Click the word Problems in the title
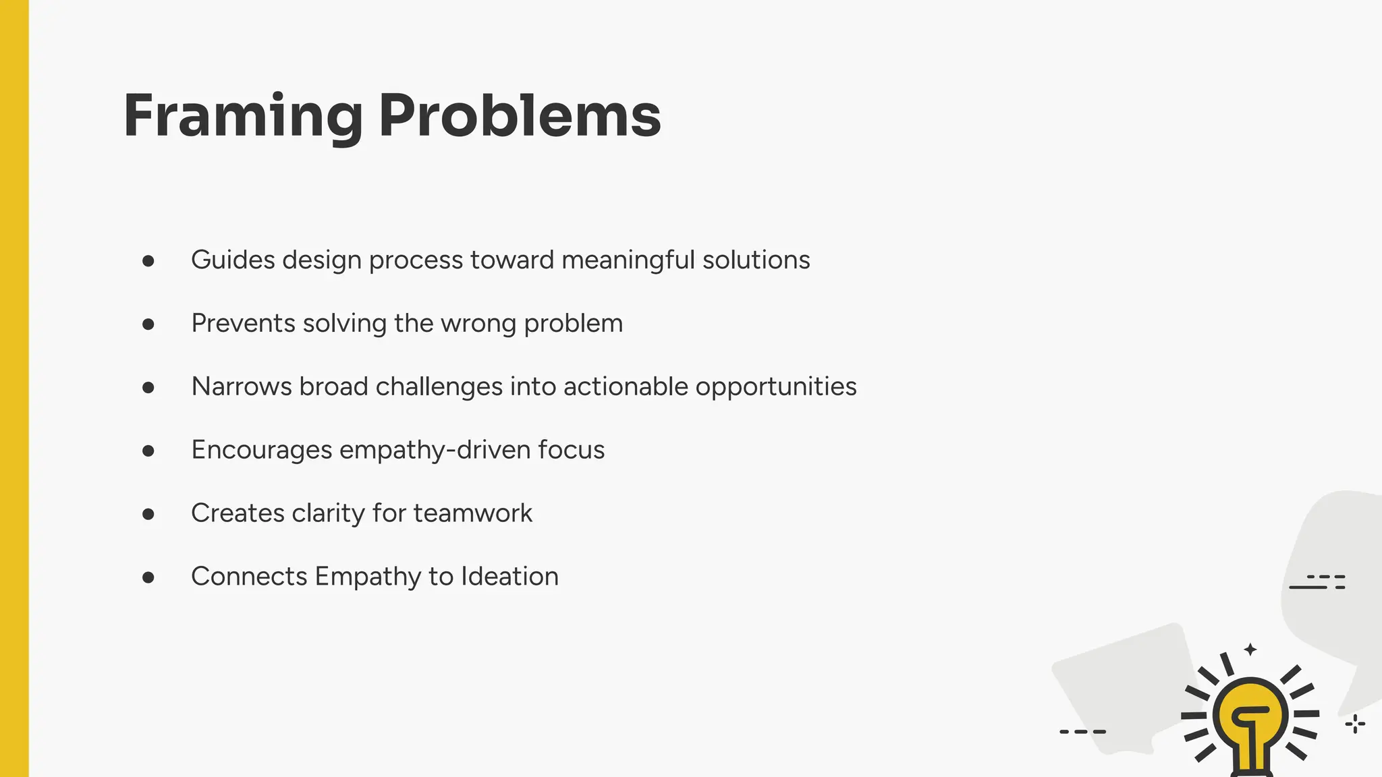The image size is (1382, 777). [520, 117]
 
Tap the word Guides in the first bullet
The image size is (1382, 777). [233, 260]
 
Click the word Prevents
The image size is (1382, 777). [244, 323]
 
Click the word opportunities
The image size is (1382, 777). [776, 386]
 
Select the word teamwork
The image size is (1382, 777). [473, 513]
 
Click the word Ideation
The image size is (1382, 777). [509, 577]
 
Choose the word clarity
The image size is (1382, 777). [329, 513]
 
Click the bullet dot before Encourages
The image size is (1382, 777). [148, 451]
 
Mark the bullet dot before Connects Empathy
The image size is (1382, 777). [148, 577]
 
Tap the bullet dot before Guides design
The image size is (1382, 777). [148, 261]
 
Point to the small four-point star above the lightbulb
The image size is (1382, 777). [1250, 650]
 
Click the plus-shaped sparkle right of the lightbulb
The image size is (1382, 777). [1355, 724]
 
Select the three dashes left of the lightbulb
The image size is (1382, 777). [1082, 731]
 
